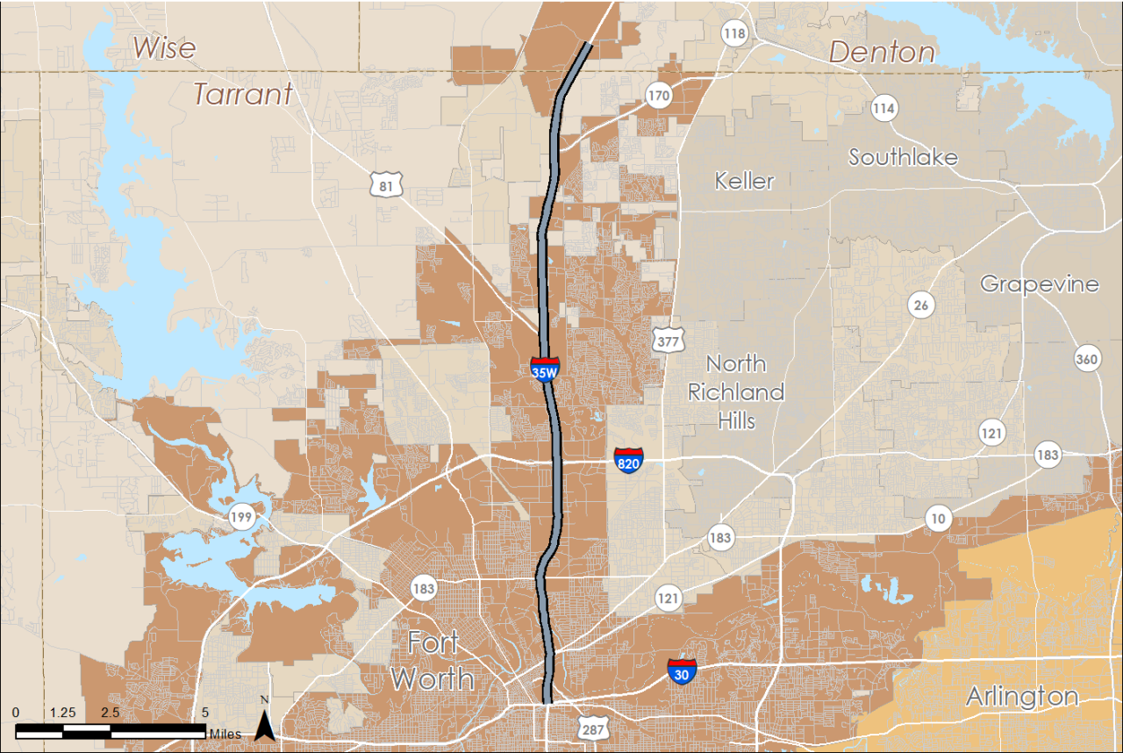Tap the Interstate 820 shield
[628, 460]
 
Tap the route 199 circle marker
[241, 517]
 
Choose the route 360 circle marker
[1087, 358]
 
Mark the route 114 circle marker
[884, 109]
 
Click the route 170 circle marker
[659, 95]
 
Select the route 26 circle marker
[921, 305]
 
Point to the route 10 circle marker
[939, 519]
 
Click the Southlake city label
[903, 157]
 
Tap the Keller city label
[744, 181]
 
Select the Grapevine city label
[1039, 283]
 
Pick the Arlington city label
[1022, 697]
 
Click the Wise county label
[164, 47]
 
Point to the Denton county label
[882, 52]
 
